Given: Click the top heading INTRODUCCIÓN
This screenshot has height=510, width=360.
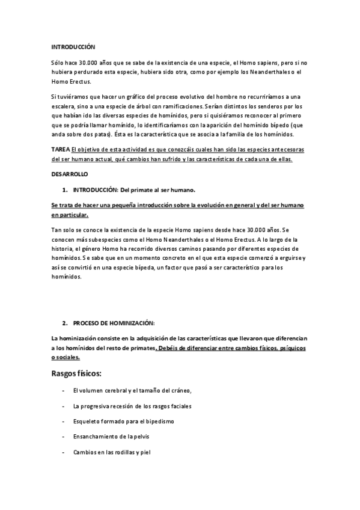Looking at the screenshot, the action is [73, 46].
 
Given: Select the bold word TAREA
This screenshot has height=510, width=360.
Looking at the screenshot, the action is [60, 150].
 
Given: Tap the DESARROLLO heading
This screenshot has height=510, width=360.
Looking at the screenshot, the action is [69, 174].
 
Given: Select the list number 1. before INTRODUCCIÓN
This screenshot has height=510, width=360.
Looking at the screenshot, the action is [65, 189].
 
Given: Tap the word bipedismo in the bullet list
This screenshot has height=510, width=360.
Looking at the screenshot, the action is [157, 421].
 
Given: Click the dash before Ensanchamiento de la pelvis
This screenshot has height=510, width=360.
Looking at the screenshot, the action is [64, 436].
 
